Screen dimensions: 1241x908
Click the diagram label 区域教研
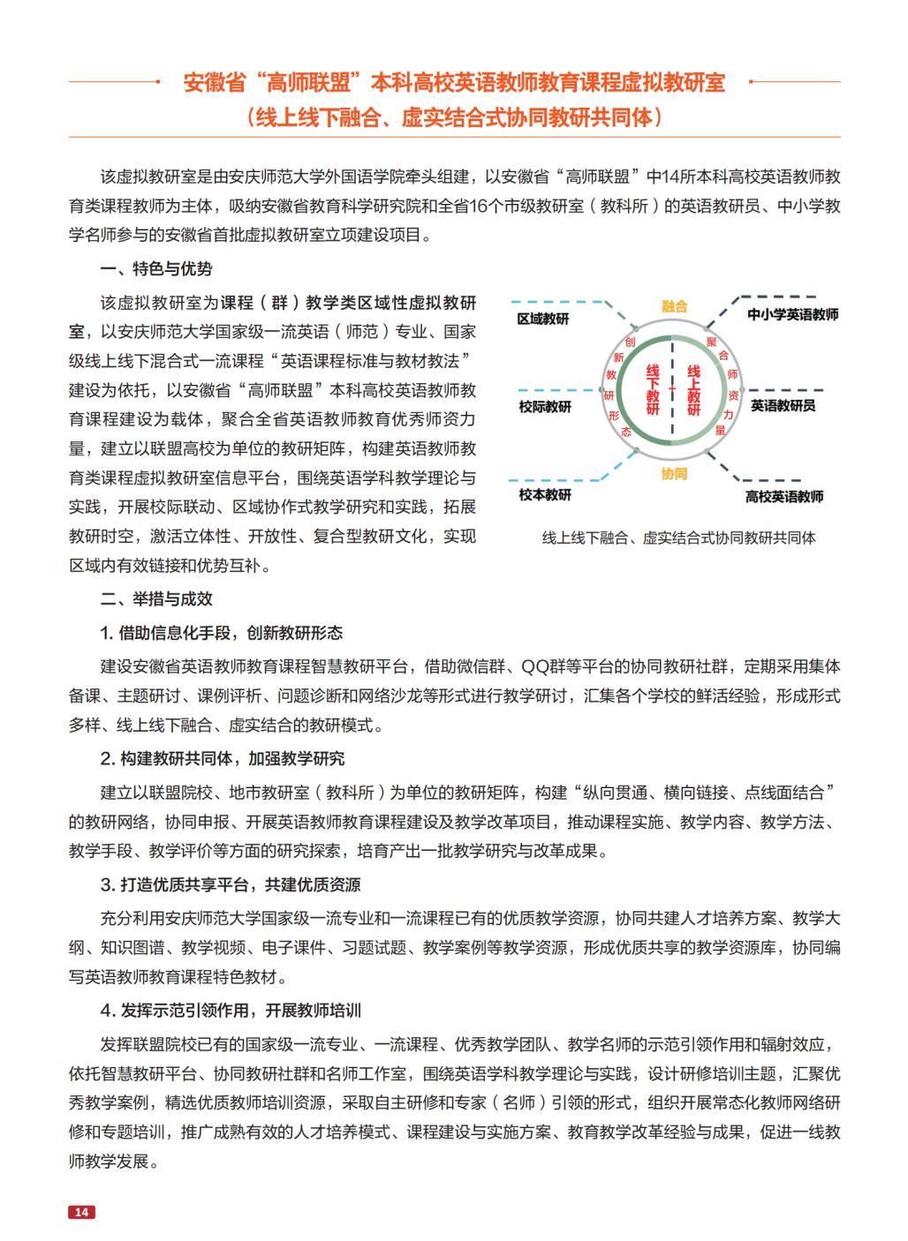pos(543,319)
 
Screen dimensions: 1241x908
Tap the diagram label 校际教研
pos(545,407)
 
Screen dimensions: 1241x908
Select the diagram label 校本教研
pos(545,495)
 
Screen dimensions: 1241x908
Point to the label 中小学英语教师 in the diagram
pos(792,315)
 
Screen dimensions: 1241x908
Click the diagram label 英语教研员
pos(783,406)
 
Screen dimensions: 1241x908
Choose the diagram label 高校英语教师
pos(784,497)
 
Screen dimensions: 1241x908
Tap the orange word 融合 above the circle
pos(674,306)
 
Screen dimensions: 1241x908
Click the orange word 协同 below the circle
pos(674,474)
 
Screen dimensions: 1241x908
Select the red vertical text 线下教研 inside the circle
pos(653,390)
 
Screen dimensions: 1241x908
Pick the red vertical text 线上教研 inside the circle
pos(694,390)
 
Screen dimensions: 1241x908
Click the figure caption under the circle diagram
pos(678,538)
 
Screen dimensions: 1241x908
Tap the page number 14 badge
pos(81,1212)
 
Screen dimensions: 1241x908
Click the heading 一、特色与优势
pos(156,269)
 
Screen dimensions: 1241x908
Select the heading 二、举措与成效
pos(156,599)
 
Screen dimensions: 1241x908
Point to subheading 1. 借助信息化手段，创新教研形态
pos(221,633)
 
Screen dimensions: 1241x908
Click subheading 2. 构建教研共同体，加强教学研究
pos(222,759)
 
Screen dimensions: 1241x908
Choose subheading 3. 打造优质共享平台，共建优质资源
pos(230,885)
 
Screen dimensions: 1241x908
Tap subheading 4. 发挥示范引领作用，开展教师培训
pos(230,1011)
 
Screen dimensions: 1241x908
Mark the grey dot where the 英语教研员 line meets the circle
pos(743,390)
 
